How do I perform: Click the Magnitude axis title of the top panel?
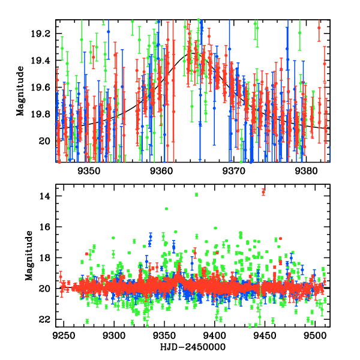[20, 91]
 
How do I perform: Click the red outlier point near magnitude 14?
[263, 191]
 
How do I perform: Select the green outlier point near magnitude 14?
[196, 194]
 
